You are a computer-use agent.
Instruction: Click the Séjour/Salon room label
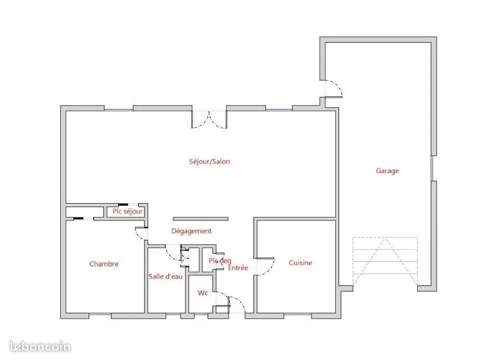(x=209, y=161)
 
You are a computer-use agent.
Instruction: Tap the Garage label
(x=387, y=171)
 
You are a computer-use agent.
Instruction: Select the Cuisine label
(x=300, y=263)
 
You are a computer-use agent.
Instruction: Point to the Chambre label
(x=104, y=264)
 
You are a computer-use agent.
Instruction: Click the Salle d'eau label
(x=166, y=276)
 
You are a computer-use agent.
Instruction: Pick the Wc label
(x=203, y=293)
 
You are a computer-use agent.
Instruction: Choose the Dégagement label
(x=191, y=231)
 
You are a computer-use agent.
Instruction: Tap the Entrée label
(x=238, y=268)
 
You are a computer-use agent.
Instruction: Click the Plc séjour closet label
(x=127, y=212)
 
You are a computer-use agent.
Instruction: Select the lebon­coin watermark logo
(x=40, y=346)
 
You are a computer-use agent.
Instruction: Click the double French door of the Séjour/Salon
(x=209, y=120)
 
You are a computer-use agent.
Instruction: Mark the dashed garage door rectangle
(x=385, y=261)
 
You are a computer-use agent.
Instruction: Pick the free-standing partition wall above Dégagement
(x=201, y=219)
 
